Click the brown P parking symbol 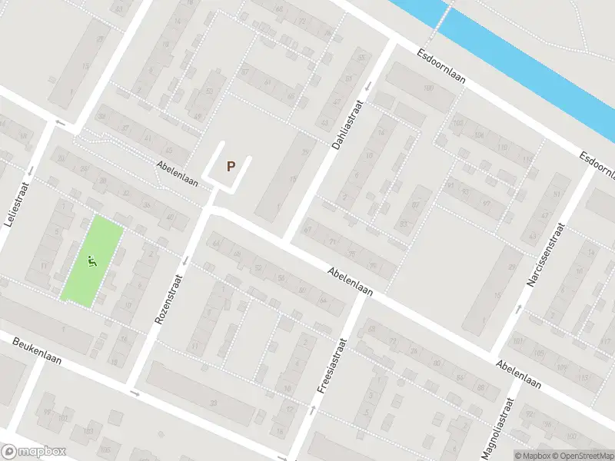[230, 166]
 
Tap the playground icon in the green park [92, 262]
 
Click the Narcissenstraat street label [545, 254]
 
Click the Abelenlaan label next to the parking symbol [178, 174]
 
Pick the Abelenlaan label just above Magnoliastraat [518, 374]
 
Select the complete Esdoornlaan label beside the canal [441, 67]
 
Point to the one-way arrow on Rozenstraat [185, 258]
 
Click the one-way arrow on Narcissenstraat [520, 309]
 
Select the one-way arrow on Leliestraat [32, 171]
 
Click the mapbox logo [34, 452]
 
